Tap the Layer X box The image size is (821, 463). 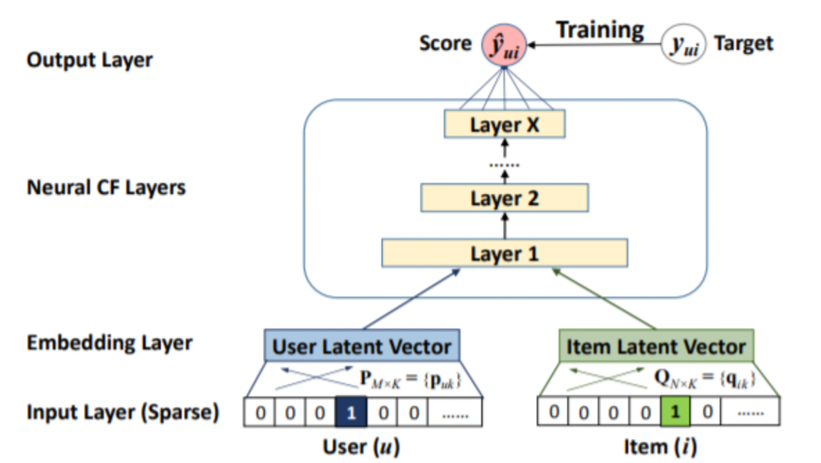[x=505, y=125]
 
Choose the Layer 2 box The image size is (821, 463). [x=505, y=199]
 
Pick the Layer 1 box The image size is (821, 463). [x=505, y=254]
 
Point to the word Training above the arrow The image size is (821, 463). [x=600, y=30]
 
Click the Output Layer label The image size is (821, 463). [x=89, y=60]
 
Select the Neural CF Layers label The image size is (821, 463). [x=106, y=188]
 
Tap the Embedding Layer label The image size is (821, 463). [x=109, y=342]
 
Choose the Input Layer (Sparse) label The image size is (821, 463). [x=123, y=413]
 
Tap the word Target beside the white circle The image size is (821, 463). [x=743, y=44]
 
